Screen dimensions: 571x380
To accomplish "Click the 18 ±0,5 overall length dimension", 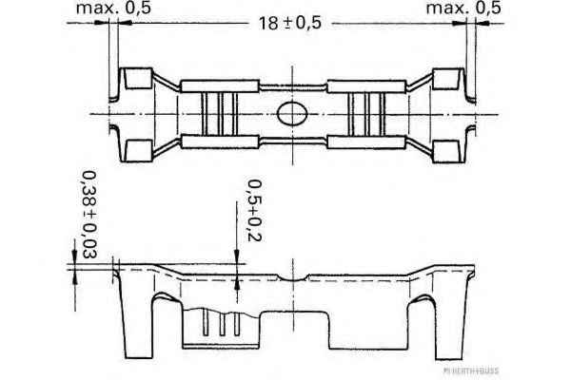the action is (x=290, y=23).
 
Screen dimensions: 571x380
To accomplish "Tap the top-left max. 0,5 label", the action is (x=113, y=8).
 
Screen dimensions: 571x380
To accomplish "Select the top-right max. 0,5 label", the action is (x=463, y=8).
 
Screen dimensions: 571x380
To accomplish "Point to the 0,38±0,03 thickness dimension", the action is (x=89, y=215).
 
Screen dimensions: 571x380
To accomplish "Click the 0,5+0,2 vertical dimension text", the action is (x=254, y=210).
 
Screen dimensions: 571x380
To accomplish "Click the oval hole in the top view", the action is (x=292, y=114).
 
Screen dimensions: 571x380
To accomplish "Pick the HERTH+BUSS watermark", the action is (x=471, y=370).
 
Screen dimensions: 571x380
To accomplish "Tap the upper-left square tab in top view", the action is (x=138, y=78).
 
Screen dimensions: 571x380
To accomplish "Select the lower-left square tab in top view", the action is (x=138, y=150).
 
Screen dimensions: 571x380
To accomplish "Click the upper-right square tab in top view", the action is (x=446, y=79).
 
